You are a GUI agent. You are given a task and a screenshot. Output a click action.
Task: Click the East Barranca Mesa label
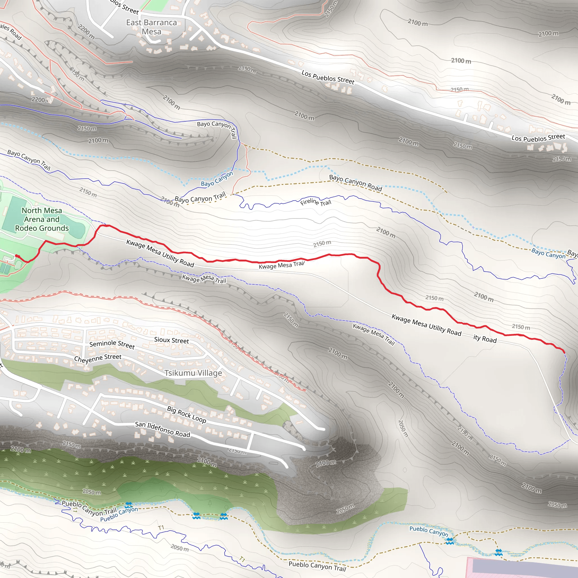coord(151,27)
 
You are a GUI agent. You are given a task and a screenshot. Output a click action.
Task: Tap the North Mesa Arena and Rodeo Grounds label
coord(42,219)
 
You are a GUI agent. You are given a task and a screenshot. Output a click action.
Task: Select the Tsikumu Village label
coord(193,373)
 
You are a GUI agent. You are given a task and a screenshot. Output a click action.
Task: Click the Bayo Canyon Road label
coord(355,183)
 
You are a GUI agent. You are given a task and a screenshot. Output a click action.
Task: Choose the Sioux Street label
coord(171,340)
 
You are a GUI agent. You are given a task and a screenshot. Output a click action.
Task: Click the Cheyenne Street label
coord(98,358)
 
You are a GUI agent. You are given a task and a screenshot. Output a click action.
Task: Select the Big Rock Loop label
coord(186,414)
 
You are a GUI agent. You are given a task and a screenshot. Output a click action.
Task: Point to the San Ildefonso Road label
coord(163,429)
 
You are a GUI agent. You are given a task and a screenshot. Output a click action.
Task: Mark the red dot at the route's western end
coord(17,256)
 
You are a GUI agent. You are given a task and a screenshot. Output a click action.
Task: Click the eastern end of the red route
coord(564,352)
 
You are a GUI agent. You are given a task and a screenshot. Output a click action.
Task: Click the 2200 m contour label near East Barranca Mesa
coord(86,32)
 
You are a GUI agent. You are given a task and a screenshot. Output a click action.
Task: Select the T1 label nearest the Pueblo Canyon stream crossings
coord(161,527)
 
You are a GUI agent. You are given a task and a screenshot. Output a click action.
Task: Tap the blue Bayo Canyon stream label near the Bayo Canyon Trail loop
coord(216,179)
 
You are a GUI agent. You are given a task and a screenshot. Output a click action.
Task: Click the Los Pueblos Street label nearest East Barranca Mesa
coord(328,77)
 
